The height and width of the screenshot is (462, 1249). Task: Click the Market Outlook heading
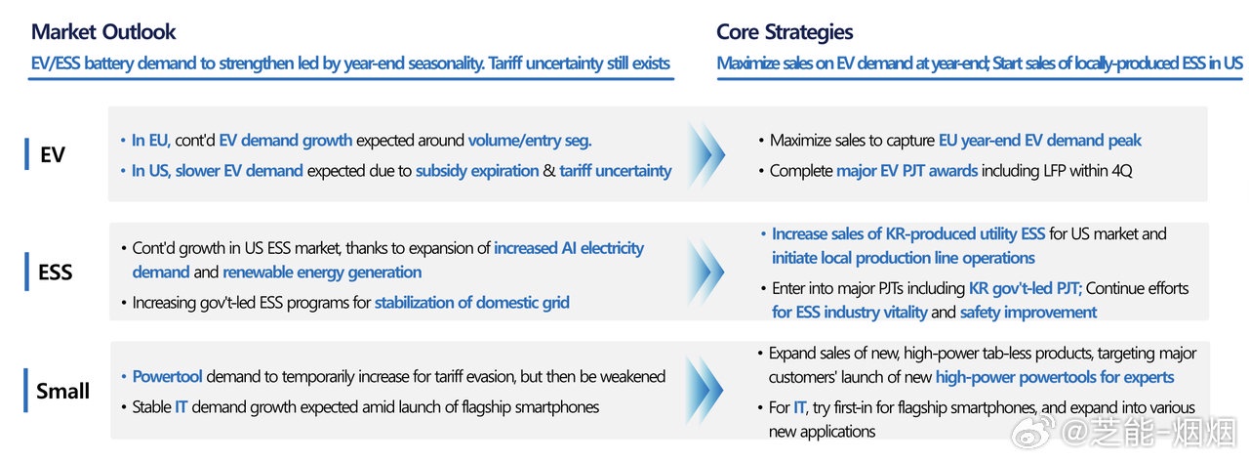pyautogui.click(x=103, y=32)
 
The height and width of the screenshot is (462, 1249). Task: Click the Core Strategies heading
pyautogui.click(x=785, y=32)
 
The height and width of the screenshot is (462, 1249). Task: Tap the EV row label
pyautogui.click(x=53, y=154)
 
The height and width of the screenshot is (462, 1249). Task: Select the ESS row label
pyautogui.click(x=56, y=273)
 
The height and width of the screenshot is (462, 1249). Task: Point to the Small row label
pyautogui.click(x=62, y=391)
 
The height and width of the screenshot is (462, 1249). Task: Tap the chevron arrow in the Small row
pyautogui.click(x=705, y=390)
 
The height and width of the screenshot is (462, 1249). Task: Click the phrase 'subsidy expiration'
pyautogui.click(x=477, y=171)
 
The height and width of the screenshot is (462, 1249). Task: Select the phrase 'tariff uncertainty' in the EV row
pyautogui.click(x=616, y=171)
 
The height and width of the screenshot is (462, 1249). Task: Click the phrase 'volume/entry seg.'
pyautogui.click(x=530, y=140)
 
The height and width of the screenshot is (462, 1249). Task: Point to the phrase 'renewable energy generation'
pyautogui.click(x=322, y=273)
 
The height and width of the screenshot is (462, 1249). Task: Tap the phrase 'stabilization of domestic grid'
pyautogui.click(x=471, y=303)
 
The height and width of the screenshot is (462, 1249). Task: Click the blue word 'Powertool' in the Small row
pyautogui.click(x=167, y=377)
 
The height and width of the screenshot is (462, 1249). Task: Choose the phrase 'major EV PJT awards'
pyautogui.click(x=907, y=171)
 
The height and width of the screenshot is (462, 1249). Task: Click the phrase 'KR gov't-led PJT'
pyautogui.click(x=1026, y=288)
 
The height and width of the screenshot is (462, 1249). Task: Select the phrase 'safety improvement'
pyautogui.click(x=1028, y=313)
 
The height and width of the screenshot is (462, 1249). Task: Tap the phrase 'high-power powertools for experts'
pyautogui.click(x=1055, y=377)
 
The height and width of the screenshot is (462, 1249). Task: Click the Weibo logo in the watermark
pyautogui.click(x=1032, y=432)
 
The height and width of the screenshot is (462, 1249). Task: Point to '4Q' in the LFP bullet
pyautogui.click(x=1122, y=171)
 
